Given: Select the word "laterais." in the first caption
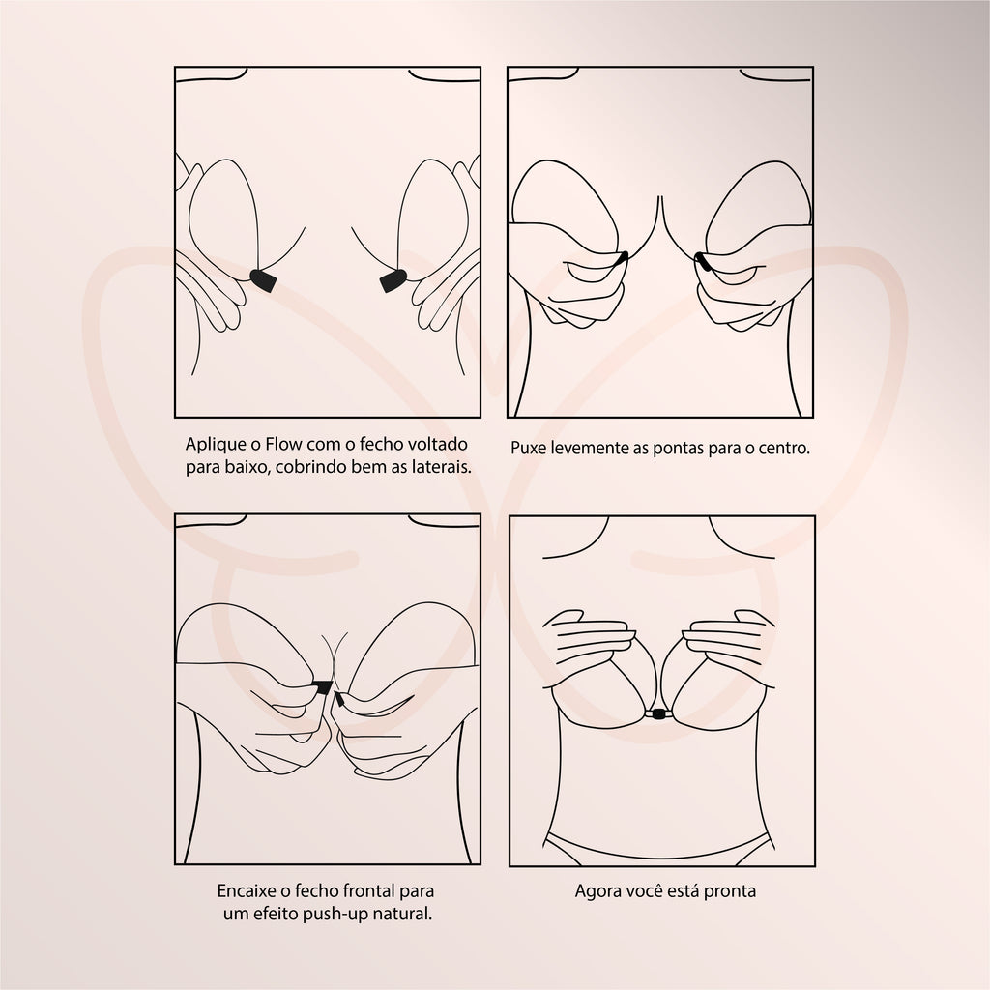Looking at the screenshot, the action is pyautogui.click(x=441, y=467).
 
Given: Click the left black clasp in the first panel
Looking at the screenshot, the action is pyautogui.click(x=263, y=280).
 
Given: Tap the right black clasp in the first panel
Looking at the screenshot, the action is pyautogui.click(x=393, y=280).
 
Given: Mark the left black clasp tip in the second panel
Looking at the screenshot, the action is pyautogui.click(x=622, y=257).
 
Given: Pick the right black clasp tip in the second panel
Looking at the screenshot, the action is pyautogui.click(x=702, y=260).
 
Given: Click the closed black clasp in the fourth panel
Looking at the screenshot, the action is pyautogui.click(x=658, y=714).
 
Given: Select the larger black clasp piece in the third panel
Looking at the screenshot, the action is pyautogui.click(x=323, y=687).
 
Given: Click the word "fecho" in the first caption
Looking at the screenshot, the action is pyautogui.click(x=381, y=444).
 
